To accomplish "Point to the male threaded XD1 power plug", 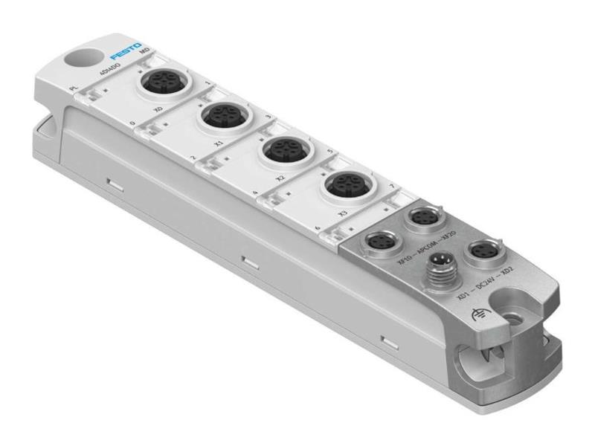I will pos(436,282).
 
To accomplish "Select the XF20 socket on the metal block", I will pos(418,216).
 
